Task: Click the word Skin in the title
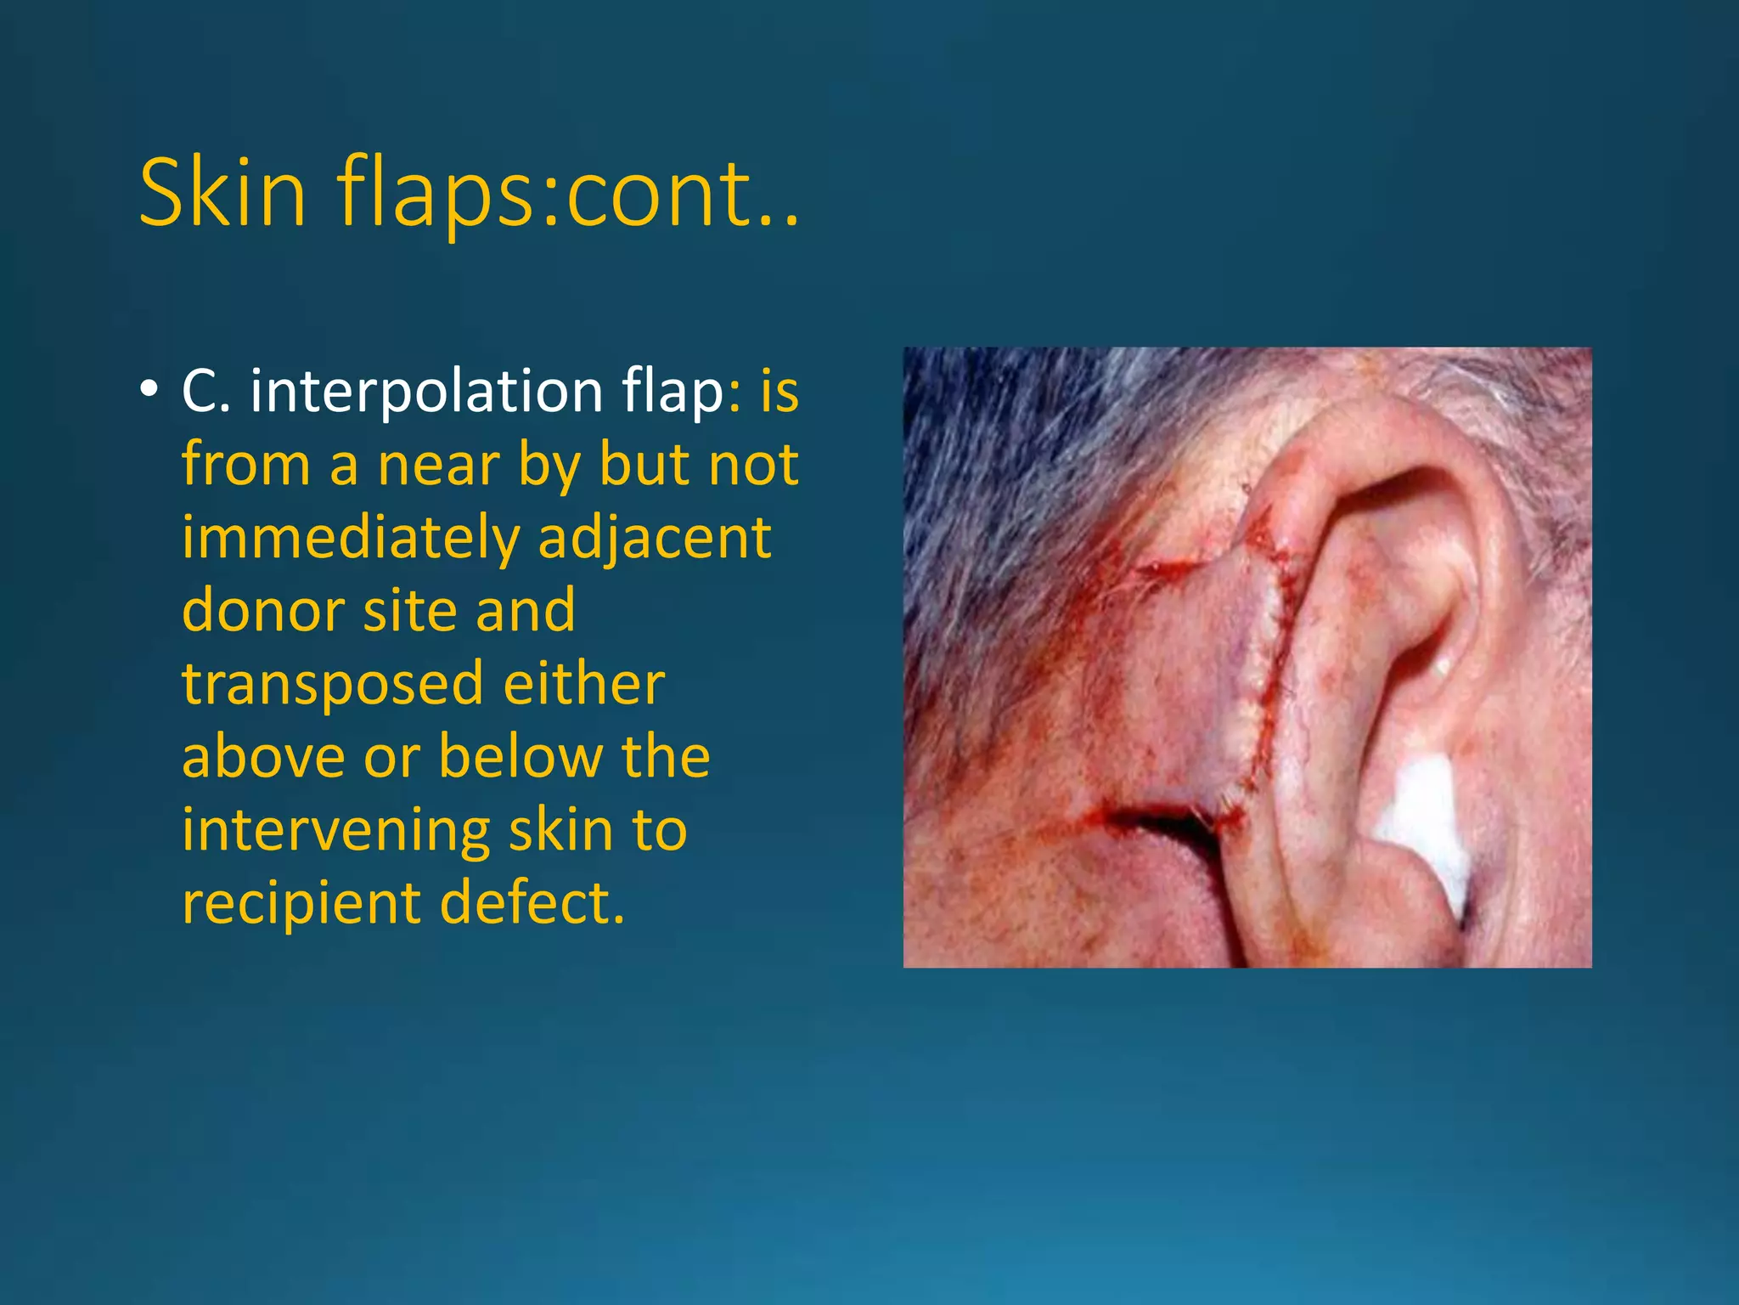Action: click(x=222, y=194)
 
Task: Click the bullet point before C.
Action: click(x=149, y=390)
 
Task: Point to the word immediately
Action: click(x=350, y=538)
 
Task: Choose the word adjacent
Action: click(x=655, y=538)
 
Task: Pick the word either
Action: click(x=584, y=684)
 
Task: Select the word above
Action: click(x=263, y=756)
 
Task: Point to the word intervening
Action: click(x=335, y=830)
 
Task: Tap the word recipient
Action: click(x=300, y=902)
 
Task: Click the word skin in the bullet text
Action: click(x=561, y=830)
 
